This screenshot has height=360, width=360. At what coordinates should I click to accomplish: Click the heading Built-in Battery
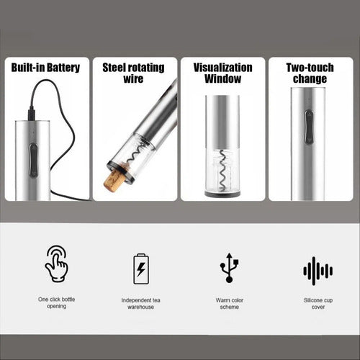45,68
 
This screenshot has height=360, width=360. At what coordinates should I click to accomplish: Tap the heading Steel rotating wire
133,73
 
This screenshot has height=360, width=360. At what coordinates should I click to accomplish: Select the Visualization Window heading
223,73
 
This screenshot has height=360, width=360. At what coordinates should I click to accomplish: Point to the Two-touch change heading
310,73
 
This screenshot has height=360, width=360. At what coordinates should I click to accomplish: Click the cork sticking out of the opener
113,179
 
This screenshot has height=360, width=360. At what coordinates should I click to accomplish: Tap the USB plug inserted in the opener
32,113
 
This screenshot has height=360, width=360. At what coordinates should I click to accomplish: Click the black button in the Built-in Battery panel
33,160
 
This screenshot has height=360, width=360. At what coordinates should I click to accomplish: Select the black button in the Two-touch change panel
309,127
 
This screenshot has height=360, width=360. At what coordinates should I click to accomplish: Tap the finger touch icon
57,264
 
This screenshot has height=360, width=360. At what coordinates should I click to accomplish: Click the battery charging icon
141,269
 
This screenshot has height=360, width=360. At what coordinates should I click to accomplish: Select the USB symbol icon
229,268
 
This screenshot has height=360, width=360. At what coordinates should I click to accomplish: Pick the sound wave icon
318,271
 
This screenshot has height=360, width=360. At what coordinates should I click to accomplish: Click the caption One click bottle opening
57,302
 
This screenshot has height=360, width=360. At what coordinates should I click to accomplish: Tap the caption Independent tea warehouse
140,303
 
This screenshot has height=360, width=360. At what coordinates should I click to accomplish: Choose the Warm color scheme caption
230,303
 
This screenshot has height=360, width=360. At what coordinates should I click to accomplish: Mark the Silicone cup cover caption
318,303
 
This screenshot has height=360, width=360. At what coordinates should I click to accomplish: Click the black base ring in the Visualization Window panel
223,194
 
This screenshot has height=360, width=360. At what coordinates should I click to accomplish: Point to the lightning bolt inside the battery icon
141,269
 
